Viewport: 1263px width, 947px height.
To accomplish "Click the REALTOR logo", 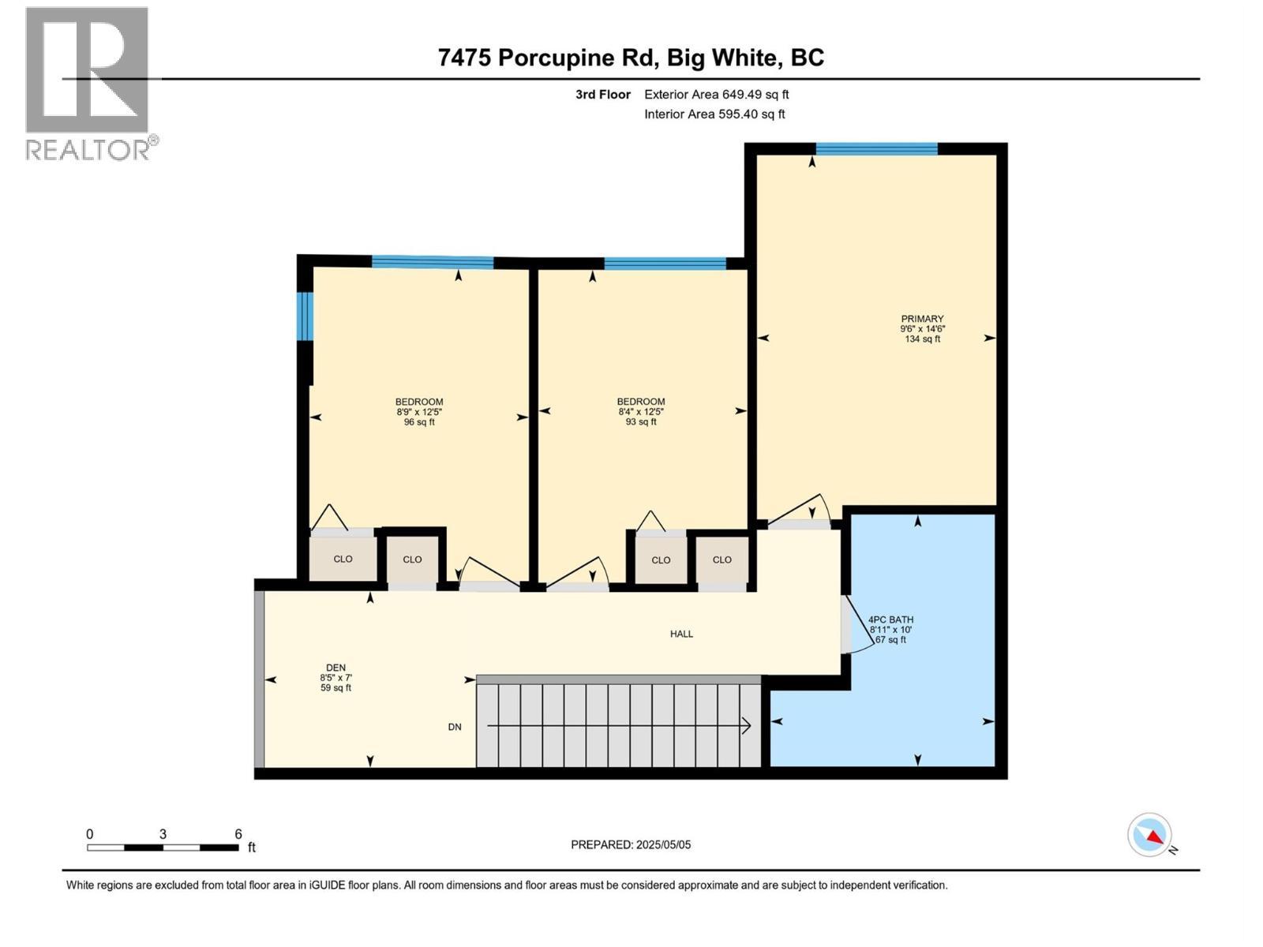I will point(88,83).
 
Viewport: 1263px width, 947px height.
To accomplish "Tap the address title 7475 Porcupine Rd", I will point(631,58).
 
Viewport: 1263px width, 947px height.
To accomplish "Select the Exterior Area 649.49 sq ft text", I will point(716,95).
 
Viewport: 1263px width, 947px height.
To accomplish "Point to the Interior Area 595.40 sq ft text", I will point(714,114).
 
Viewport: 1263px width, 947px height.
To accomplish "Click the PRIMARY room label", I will point(922,320).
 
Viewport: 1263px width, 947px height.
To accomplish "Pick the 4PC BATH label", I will point(890,620).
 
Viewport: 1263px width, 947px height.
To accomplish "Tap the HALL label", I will point(681,634).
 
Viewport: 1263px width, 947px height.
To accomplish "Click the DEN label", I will point(335,668).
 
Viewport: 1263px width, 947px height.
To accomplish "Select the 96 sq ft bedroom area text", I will point(419,422).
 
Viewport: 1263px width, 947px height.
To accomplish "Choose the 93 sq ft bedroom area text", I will point(641,422).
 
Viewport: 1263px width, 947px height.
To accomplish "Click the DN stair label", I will point(455,727).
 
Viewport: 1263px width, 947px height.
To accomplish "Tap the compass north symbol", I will point(1150,835).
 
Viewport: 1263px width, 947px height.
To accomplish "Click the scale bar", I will point(163,848).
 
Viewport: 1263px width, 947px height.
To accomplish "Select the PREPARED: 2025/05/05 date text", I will point(631,844).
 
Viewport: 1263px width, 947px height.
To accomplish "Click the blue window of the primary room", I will point(876,148).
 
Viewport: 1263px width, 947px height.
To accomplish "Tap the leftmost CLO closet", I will point(343,559).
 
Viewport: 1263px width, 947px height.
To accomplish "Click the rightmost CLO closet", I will point(721,560).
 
